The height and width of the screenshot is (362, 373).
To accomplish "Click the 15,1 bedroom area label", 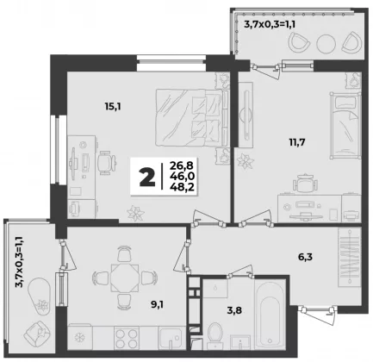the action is [x=113, y=107].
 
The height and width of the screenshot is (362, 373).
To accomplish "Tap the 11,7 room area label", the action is [x=297, y=142].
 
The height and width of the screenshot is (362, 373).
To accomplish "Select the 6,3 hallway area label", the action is [x=305, y=257].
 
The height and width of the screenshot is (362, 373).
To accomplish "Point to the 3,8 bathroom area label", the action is [x=234, y=310].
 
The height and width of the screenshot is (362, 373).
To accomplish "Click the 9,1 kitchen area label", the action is [x=157, y=304].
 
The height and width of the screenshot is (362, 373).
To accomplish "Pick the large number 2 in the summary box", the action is [x=147, y=178].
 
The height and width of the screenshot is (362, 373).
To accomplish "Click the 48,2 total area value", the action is [x=182, y=187].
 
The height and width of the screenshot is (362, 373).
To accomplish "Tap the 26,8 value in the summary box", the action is [x=182, y=165].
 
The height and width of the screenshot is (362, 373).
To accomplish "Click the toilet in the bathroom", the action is [x=214, y=335].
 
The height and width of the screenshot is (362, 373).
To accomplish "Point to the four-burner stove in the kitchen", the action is [x=127, y=338].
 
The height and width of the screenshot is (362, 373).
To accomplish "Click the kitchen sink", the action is [x=171, y=338].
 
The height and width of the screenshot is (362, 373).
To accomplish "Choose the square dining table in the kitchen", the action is [x=125, y=278].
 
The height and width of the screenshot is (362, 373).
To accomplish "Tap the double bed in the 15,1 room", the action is [x=192, y=118].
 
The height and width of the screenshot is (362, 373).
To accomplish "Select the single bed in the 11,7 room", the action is [x=345, y=126].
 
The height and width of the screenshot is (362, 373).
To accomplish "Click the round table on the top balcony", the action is [x=326, y=44].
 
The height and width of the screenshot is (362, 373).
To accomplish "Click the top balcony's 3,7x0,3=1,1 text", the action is [x=270, y=23].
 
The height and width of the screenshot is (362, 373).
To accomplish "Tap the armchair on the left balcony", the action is [x=37, y=334].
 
